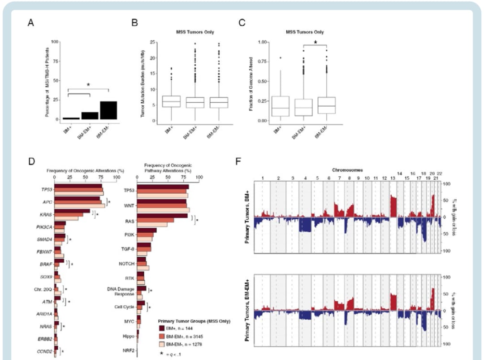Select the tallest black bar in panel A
108,110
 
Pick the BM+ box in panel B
171,101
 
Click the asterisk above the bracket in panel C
315,43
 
